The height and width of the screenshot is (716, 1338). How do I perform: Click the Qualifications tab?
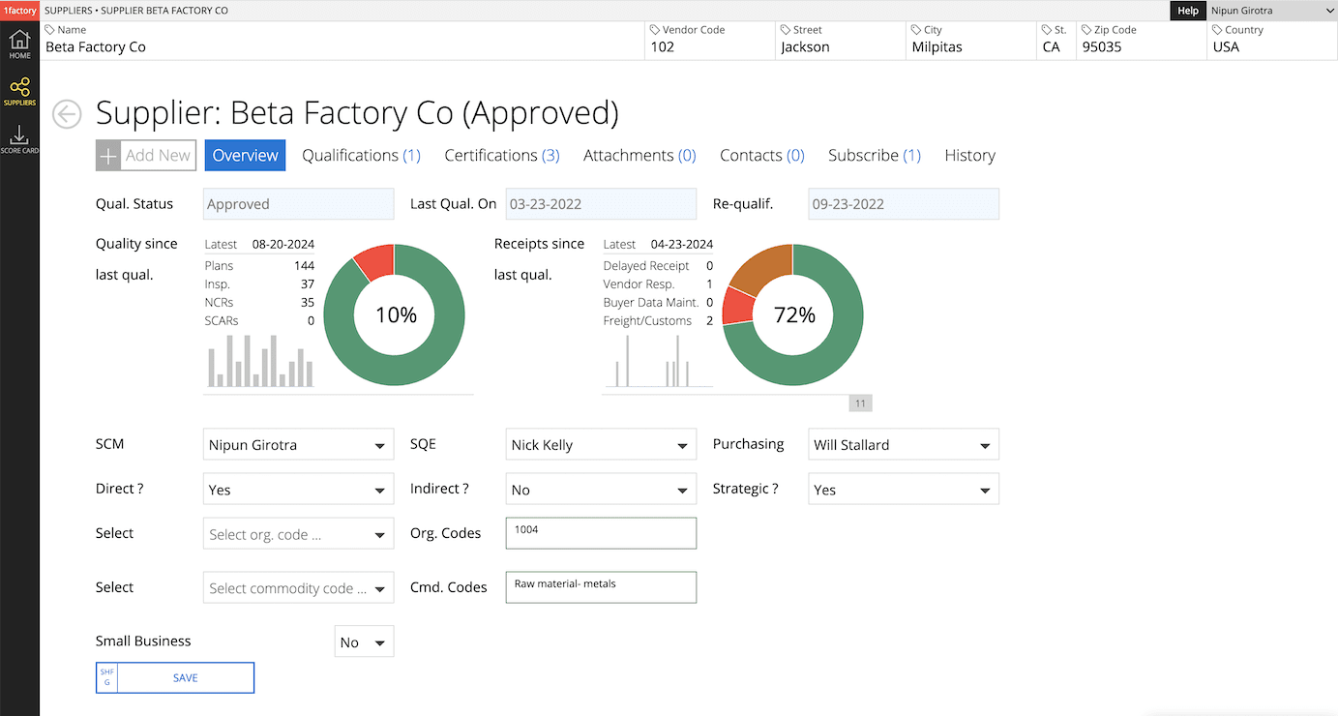coord(361,156)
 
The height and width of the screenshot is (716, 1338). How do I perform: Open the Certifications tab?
coord(501,156)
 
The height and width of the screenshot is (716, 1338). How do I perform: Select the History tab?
coord(969,156)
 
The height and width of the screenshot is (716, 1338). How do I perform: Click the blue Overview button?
coord(245,156)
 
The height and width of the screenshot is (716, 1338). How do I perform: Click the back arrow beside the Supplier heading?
coord(67,114)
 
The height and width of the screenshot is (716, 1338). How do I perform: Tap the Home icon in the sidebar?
coord(19,45)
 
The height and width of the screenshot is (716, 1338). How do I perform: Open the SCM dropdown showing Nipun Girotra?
coord(298,445)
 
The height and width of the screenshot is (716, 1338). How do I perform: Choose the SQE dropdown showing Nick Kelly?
coord(600,445)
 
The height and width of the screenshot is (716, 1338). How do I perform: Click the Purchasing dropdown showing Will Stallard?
coord(903,445)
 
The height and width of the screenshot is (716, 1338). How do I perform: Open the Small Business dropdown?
coord(364,642)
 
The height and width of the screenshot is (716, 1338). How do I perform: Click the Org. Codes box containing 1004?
coord(600,533)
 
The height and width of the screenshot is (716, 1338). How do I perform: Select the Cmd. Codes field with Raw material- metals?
coord(600,587)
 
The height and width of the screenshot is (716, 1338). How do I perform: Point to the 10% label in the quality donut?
coord(396,314)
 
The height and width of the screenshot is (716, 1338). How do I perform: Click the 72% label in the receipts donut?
coord(794,314)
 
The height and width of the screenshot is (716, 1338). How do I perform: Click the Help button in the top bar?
coord(1187,11)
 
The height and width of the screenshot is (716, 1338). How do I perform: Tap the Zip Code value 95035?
coord(1102,46)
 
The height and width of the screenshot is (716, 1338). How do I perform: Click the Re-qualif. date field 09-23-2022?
coord(903,204)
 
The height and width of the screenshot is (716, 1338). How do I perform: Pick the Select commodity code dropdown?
coord(298,588)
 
